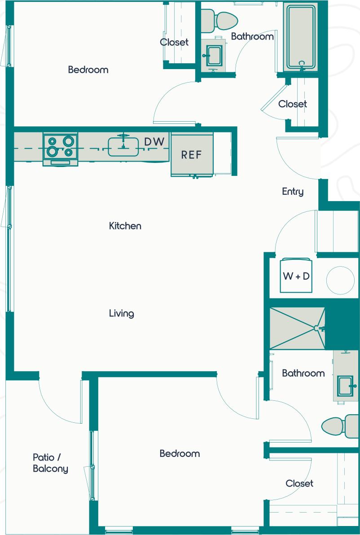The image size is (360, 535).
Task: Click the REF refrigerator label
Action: [191, 155]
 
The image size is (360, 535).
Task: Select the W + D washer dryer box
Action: [296, 276]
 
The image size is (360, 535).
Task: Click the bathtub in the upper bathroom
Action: [302, 36]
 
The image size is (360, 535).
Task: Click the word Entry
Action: [293, 192]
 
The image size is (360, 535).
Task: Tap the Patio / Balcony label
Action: [50, 463]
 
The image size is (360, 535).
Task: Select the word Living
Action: [122, 313]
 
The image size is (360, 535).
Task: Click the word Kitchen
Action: [125, 226]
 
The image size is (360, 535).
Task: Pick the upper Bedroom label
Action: [88, 70]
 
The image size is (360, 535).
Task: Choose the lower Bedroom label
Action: [180, 454]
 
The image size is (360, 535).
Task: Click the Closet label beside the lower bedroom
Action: [299, 483]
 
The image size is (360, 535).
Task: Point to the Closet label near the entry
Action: [292, 104]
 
